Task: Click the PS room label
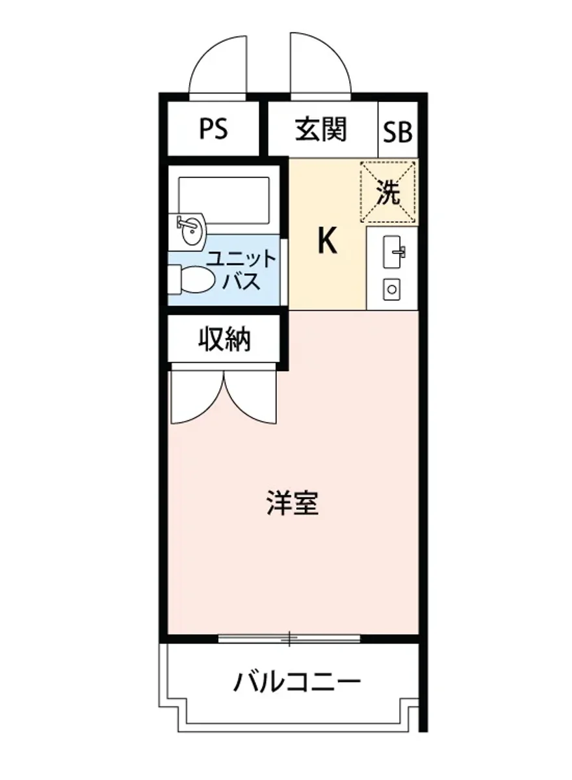click(x=213, y=130)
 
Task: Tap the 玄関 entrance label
click(x=321, y=130)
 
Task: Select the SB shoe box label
click(x=397, y=132)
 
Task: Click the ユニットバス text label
click(x=241, y=269)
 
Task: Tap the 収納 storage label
click(x=224, y=339)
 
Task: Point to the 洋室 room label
click(x=292, y=504)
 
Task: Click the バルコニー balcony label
click(x=296, y=682)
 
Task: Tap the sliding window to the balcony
click(x=289, y=639)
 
